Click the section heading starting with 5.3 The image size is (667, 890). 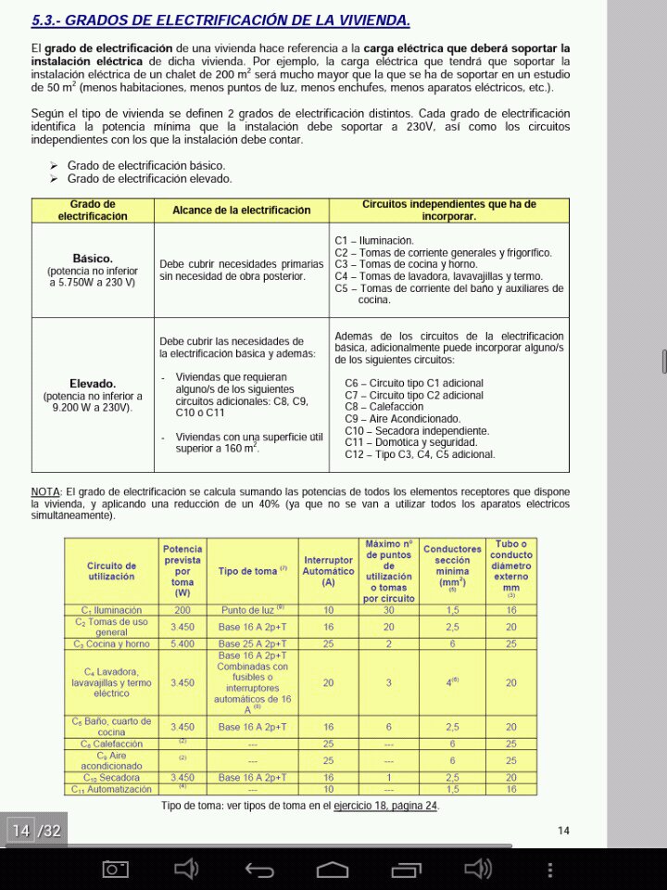(220, 19)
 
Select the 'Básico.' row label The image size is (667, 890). (92, 259)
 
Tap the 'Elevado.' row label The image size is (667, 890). (92, 383)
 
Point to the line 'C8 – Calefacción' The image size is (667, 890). (384, 407)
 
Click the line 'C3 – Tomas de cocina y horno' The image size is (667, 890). (406, 264)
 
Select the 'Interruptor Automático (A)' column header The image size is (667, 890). (328, 571)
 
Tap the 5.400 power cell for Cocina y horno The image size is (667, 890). (182, 643)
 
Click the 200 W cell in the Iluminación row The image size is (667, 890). (182, 610)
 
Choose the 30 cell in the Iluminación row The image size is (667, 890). (388, 610)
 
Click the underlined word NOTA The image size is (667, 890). (45, 491)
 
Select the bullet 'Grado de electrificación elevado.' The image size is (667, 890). (149, 178)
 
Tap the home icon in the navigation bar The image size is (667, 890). (332, 869)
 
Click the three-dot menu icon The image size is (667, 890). (549, 869)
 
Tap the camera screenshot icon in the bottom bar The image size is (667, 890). (116, 869)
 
